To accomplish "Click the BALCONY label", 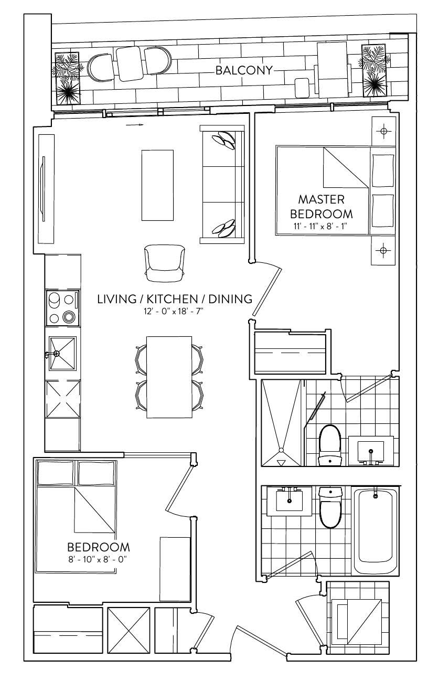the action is point(244,70).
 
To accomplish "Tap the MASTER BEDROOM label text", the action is point(322,207).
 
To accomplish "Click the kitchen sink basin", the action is point(62,353).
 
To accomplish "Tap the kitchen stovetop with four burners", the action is point(63,308).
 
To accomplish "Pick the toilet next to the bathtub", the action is point(331,507).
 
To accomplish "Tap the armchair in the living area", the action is point(165,263).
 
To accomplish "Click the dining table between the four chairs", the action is point(169,377).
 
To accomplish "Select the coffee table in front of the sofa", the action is point(157,185).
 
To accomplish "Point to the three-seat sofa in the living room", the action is point(222,184).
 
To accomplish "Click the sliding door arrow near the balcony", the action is point(134,125).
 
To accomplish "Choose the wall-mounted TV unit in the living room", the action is point(46,189).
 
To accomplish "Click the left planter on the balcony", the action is point(67,79).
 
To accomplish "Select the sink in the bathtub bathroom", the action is point(290,501).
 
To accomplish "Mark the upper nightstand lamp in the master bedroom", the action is point(383,131).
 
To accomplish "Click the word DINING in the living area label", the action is point(230,299).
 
